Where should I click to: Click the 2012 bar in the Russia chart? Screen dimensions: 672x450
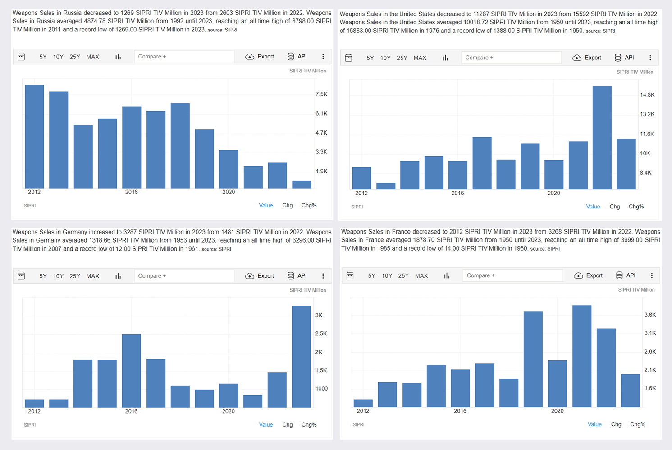tap(35, 137)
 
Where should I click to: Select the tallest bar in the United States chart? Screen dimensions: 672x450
tap(602, 138)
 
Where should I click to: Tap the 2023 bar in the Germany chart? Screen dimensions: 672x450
tap(301, 356)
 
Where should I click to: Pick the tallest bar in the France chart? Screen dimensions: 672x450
tap(582, 356)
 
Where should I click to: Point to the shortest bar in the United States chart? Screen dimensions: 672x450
tap(386, 186)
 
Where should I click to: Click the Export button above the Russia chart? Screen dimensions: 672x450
tap(260, 57)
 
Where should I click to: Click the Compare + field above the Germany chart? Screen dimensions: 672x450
tap(184, 276)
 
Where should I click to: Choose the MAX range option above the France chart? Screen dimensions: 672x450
tap(421, 276)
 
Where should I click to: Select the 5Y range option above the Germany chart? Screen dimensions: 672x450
tap(43, 276)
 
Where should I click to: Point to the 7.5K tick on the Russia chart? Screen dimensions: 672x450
tap(321, 94)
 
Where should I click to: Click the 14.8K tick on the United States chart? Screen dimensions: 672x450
tap(647, 95)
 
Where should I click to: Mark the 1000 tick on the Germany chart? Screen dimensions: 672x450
tap(321, 389)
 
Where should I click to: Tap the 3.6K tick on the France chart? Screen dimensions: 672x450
tap(650, 315)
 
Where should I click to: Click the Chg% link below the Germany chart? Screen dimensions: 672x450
tap(309, 424)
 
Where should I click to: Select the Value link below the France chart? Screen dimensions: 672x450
tap(594, 424)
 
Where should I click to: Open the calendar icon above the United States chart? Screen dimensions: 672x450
tap(348, 58)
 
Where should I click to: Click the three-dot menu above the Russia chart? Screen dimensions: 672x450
tap(323, 57)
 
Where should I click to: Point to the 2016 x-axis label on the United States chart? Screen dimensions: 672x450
tap(457, 193)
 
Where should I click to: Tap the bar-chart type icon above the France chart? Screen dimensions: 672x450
tap(447, 275)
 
